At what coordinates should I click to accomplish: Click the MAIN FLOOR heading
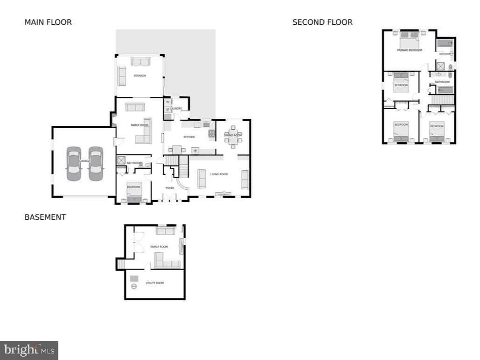coord(48,22)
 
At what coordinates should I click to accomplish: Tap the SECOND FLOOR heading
coord(322,22)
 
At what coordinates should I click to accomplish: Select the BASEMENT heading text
coord(45,217)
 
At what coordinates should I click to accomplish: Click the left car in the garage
coord(74,164)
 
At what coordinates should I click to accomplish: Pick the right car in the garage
coord(96,164)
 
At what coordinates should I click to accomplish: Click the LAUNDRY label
coord(176,109)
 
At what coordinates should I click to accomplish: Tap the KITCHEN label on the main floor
coord(189,137)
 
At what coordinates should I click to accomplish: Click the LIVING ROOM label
coord(219,174)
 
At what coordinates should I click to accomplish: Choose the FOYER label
coord(170,188)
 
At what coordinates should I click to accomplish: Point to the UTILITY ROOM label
coord(155,283)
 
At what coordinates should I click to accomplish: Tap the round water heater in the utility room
coord(134,287)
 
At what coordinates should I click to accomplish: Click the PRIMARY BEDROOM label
coord(409,50)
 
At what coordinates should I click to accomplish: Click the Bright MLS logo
coord(29,350)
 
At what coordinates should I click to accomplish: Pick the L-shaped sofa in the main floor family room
coord(144,135)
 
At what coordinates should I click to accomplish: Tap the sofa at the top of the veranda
coord(140,62)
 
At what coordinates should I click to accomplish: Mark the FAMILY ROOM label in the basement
coord(159,247)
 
